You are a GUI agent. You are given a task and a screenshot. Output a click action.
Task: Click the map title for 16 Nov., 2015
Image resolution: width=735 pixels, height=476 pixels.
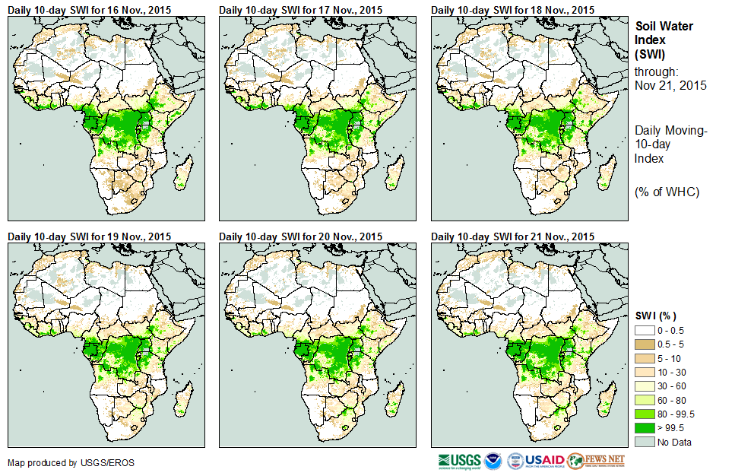click(89, 9)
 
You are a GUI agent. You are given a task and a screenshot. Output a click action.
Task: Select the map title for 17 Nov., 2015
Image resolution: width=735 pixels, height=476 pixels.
click(300, 9)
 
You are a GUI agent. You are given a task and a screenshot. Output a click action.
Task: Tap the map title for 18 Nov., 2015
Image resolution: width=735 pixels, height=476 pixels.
click(512, 9)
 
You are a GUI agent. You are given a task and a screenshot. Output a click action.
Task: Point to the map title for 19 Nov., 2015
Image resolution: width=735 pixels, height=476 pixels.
click(89, 236)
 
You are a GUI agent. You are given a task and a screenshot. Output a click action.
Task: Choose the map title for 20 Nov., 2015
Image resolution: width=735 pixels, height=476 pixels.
click(300, 236)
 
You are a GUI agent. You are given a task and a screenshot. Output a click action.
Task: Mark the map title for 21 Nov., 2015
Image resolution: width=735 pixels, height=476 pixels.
click(512, 236)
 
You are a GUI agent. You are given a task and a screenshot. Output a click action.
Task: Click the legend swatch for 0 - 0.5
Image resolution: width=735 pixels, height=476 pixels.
click(645, 330)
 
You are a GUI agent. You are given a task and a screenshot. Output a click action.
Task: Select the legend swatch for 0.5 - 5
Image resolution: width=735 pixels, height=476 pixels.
click(645, 344)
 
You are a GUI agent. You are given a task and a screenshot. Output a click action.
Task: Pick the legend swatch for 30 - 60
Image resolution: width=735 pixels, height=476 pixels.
click(645, 386)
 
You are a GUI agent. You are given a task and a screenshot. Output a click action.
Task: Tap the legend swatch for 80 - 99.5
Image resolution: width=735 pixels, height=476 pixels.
click(645, 414)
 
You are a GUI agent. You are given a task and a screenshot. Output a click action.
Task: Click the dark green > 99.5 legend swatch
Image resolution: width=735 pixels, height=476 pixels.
click(645, 427)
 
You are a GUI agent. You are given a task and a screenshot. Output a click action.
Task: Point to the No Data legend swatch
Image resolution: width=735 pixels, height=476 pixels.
click(645, 442)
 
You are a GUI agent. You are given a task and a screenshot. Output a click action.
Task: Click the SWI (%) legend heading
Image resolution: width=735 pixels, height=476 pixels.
click(656, 316)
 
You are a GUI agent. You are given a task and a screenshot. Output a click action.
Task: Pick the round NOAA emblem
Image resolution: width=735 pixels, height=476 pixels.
click(492, 461)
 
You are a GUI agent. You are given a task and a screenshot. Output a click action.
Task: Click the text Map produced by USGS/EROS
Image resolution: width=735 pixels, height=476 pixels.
click(54, 462)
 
